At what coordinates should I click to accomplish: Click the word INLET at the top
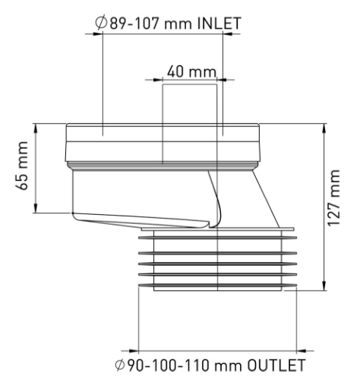pyautogui.click(x=219, y=24)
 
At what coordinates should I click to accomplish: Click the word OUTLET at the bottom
pyautogui.click(x=276, y=365)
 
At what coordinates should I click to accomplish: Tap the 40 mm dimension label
pyautogui.click(x=191, y=71)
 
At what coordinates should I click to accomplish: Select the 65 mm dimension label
pyautogui.click(x=22, y=166)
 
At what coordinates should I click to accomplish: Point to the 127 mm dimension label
pyautogui.click(x=333, y=198)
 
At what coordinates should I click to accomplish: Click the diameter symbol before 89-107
pyautogui.click(x=101, y=24)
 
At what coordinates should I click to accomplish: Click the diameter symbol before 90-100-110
pyautogui.click(x=121, y=365)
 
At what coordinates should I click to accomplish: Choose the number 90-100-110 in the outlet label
pyautogui.click(x=168, y=365)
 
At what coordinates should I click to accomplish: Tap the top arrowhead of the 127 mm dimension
pyautogui.click(x=324, y=128)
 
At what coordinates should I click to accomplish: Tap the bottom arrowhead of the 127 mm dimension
pyautogui.click(x=324, y=285)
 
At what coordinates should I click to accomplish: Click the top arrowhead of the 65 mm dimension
pyautogui.click(x=36, y=128)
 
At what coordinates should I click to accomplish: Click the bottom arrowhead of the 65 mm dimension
pyautogui.click(x=36, y=208)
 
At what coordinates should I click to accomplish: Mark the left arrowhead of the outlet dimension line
pyautogui.click(x=134, y=351)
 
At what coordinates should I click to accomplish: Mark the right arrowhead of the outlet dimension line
pyautogui.click(x=302, y=351)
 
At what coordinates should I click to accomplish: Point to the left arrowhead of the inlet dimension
pyautogui.click(x=98, y=33)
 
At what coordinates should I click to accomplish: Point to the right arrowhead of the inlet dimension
pyautogui.click(x=228, y=33)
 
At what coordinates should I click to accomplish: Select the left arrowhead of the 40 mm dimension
pyautogui.click(x=157, y=80)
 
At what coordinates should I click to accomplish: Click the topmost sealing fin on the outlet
pyautogui.click(x=217, y=238)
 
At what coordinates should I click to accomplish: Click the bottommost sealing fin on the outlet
pyautogui.click(x=217, y=285)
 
